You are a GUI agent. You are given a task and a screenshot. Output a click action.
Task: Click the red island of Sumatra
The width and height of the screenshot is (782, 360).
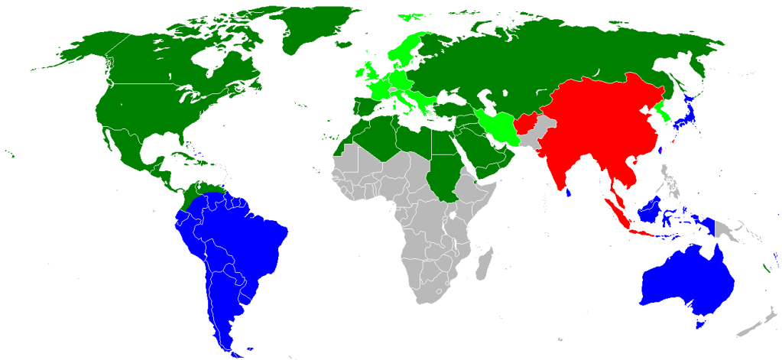click(x=615, y=209)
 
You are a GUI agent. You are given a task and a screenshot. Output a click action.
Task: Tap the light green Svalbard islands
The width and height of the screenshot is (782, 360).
click(x=413, y=15)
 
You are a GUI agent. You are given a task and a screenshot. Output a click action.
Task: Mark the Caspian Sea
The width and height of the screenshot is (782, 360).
click(x=487, y=102)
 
